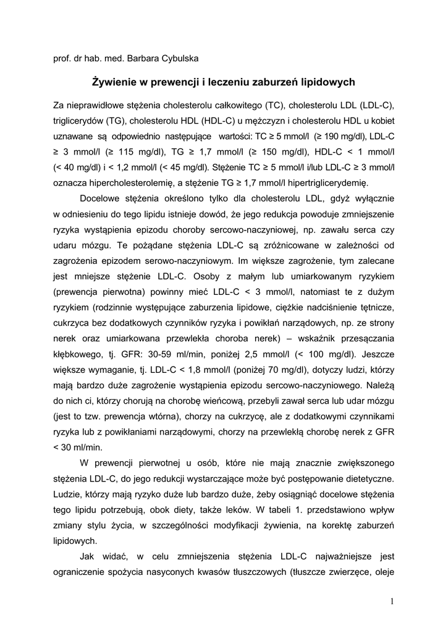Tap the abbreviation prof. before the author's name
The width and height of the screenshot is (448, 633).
pos(64,58)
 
